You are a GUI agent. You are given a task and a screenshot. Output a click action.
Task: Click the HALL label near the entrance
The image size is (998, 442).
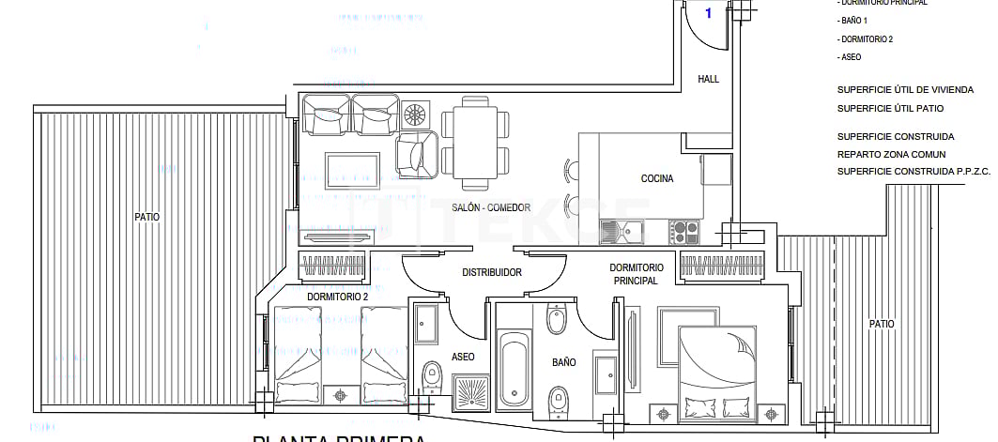tap(708, 80)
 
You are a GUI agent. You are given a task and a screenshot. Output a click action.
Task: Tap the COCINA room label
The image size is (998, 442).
tap(656, 179)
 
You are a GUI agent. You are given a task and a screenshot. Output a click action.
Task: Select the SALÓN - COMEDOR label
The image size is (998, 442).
tap(465, 208)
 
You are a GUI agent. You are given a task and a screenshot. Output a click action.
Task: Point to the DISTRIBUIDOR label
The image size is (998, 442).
tap(491, 273)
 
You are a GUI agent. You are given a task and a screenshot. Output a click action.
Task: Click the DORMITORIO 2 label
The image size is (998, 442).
tap(337, 297)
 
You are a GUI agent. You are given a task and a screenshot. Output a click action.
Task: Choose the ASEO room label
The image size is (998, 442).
tap(463, 357)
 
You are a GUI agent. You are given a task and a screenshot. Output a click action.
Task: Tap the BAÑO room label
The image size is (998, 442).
tap(563, 362)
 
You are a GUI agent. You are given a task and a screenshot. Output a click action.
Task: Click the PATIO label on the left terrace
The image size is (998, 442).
tap(146, 217)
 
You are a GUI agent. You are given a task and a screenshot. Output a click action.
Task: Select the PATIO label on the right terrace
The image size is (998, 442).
tap(881, 324)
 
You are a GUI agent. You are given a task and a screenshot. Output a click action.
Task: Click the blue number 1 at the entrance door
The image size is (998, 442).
tap(708, 13)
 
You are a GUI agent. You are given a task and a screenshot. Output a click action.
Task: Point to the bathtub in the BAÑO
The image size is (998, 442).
tap(514, 369)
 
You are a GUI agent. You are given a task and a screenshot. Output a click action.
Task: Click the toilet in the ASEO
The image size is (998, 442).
tap(432, 378)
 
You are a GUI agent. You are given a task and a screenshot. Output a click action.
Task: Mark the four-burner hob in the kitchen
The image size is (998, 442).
tap(684, 230)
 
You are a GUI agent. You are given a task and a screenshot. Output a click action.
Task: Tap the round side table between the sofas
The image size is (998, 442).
tap(414, 115)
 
